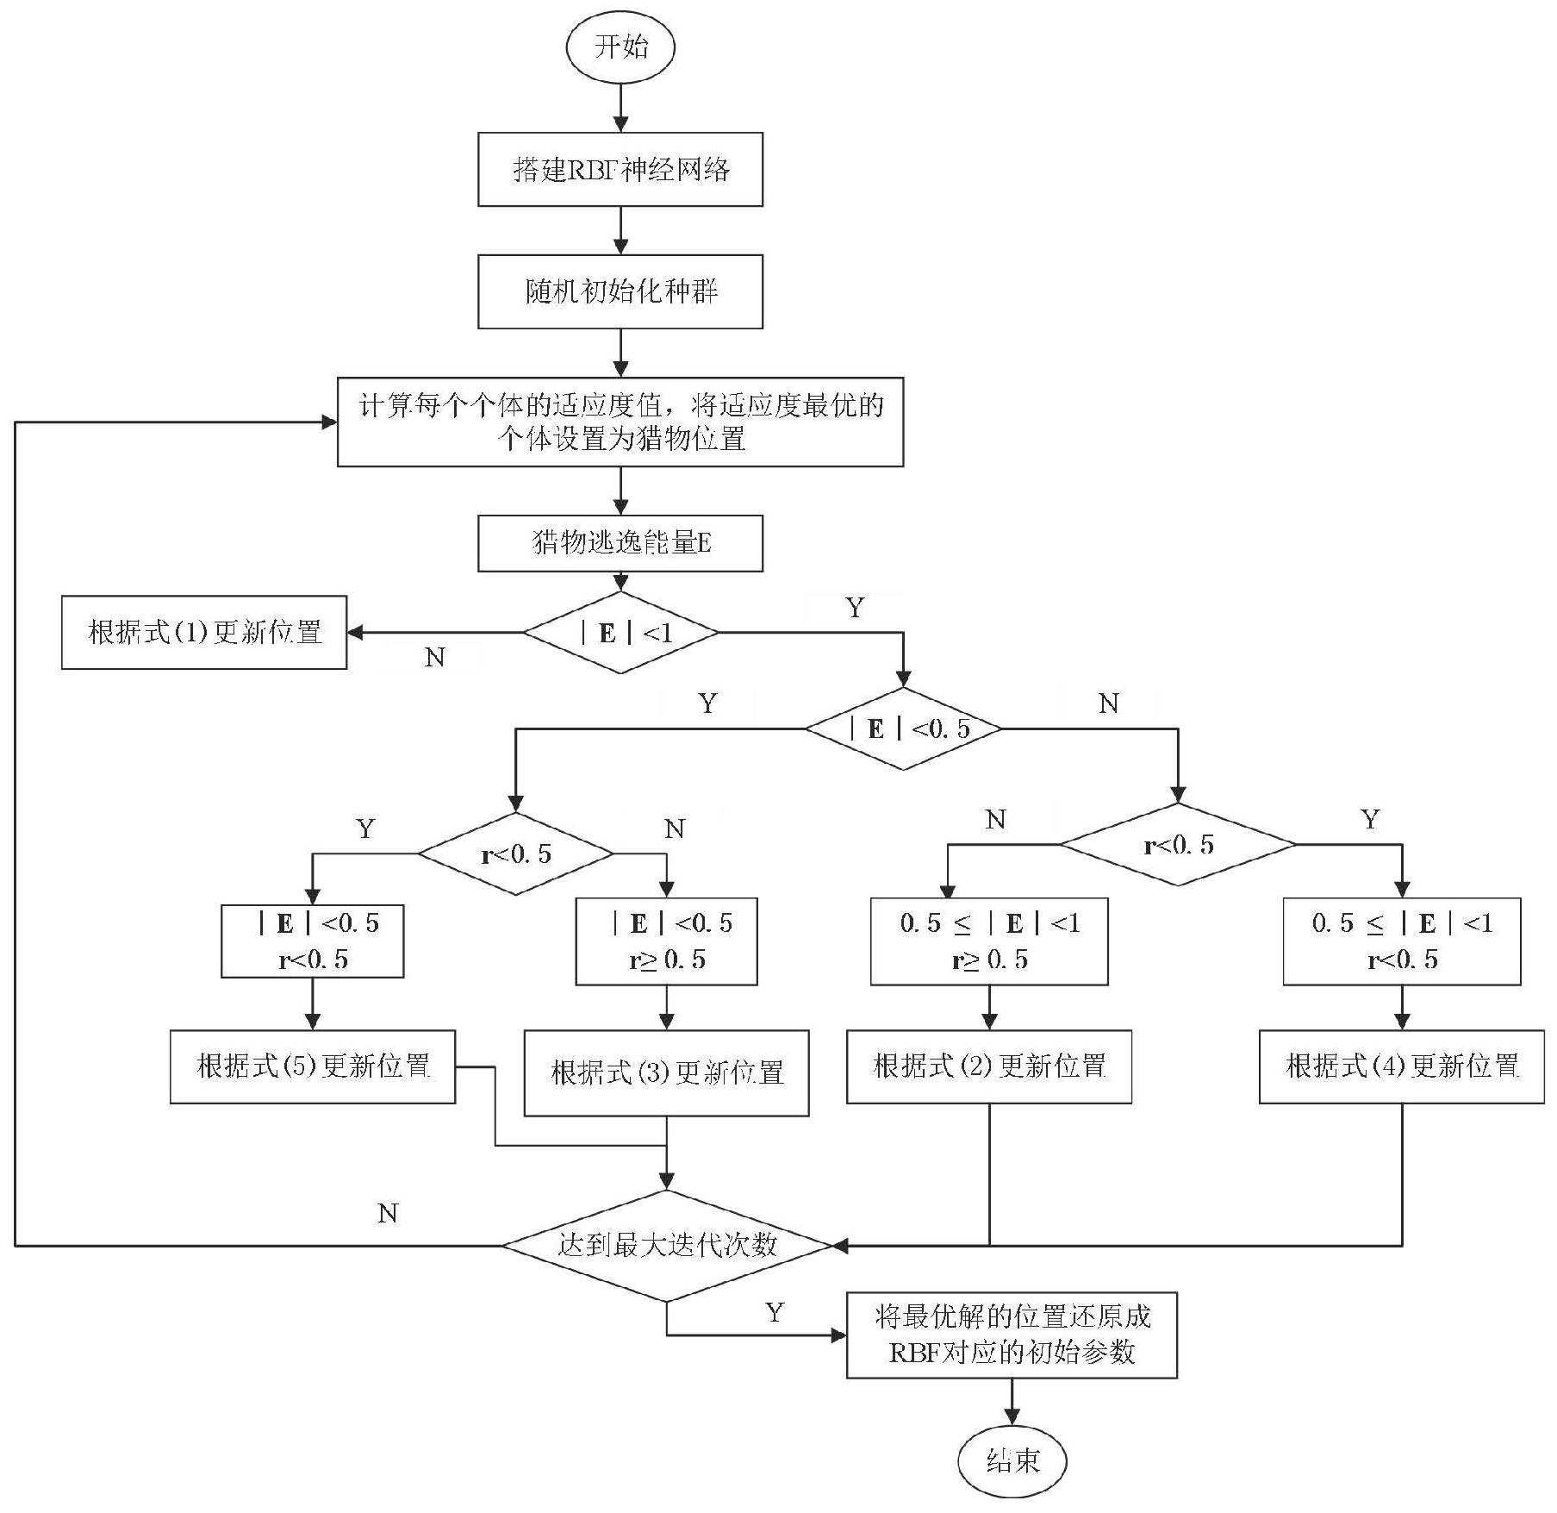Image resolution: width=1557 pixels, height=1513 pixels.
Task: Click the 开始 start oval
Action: [620, 47]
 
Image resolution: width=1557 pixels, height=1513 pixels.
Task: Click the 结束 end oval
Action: [1012, 1460]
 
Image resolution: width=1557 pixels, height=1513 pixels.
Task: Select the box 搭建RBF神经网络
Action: [620, 170]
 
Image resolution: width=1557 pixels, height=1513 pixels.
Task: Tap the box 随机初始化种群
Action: [620, 291]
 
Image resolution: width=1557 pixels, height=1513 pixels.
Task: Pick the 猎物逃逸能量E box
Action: [620, 543]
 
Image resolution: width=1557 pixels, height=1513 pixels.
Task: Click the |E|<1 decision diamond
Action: [620, 633]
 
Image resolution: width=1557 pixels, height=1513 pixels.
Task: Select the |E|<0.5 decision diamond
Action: [903, 728]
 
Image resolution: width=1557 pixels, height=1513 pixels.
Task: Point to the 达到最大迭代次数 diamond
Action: [667, 1245]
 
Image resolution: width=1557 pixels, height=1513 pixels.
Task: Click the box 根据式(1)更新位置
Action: [204, 632]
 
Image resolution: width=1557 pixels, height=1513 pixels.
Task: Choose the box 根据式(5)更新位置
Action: [312, 1066]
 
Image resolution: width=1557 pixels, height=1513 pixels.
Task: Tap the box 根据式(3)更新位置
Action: [666, 1072]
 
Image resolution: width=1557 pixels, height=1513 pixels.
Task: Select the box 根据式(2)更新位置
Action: [988, 1066]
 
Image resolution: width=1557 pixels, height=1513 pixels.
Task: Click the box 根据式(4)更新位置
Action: [1401, 1066]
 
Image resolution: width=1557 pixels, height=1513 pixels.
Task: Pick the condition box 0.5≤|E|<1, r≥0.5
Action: [988, 941]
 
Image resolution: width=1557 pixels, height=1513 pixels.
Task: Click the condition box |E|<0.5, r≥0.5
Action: [666, 941]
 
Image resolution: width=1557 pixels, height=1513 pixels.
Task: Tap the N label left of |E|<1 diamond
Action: [435, 658]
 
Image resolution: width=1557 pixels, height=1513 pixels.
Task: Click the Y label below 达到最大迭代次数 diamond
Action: [775, 1313]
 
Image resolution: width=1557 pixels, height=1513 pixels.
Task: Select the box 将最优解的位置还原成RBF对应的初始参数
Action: [1012, 1335]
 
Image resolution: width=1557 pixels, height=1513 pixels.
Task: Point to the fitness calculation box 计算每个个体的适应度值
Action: [620, 422]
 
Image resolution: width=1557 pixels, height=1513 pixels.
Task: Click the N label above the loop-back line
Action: [388, 1214]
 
